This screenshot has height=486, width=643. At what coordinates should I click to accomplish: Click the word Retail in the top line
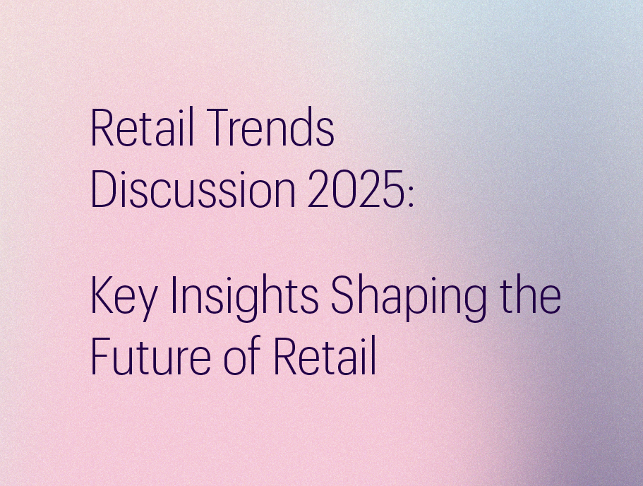click(x=142, y=127)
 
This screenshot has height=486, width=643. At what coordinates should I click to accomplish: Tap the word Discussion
click(x=193, y=189)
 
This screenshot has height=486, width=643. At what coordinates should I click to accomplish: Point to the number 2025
click(x=356, y=189)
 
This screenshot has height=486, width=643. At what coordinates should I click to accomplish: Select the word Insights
click(x=244, y=297)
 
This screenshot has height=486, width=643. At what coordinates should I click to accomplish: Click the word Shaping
click(x=409, y=297)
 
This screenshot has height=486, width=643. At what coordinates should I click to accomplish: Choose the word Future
click(x=150, y=355)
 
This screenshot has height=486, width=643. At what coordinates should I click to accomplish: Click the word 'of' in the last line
click(x=242, y=355)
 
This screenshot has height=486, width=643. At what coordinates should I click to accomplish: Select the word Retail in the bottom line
click(x=325, y=355)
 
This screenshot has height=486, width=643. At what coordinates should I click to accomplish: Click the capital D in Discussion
click(x=104, y=189)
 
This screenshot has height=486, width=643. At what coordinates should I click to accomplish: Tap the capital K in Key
click(x=103, y=295)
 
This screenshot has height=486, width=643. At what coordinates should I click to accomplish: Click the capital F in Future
click(x=102, y=356)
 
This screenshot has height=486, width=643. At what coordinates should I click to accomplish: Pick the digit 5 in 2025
click(x=392, y=189)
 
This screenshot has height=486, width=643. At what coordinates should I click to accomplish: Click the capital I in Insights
click(x=174, y=295)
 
